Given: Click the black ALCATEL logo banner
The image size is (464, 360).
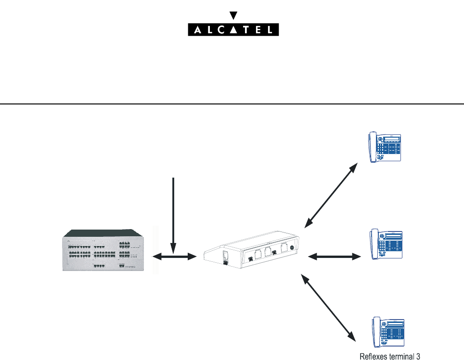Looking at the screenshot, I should [232, 30].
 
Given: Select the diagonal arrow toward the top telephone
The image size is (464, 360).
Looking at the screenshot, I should [331, 194].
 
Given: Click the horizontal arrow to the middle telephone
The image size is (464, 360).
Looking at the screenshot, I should [334, 257].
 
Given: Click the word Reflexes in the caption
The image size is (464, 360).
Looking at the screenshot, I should [373, 356].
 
